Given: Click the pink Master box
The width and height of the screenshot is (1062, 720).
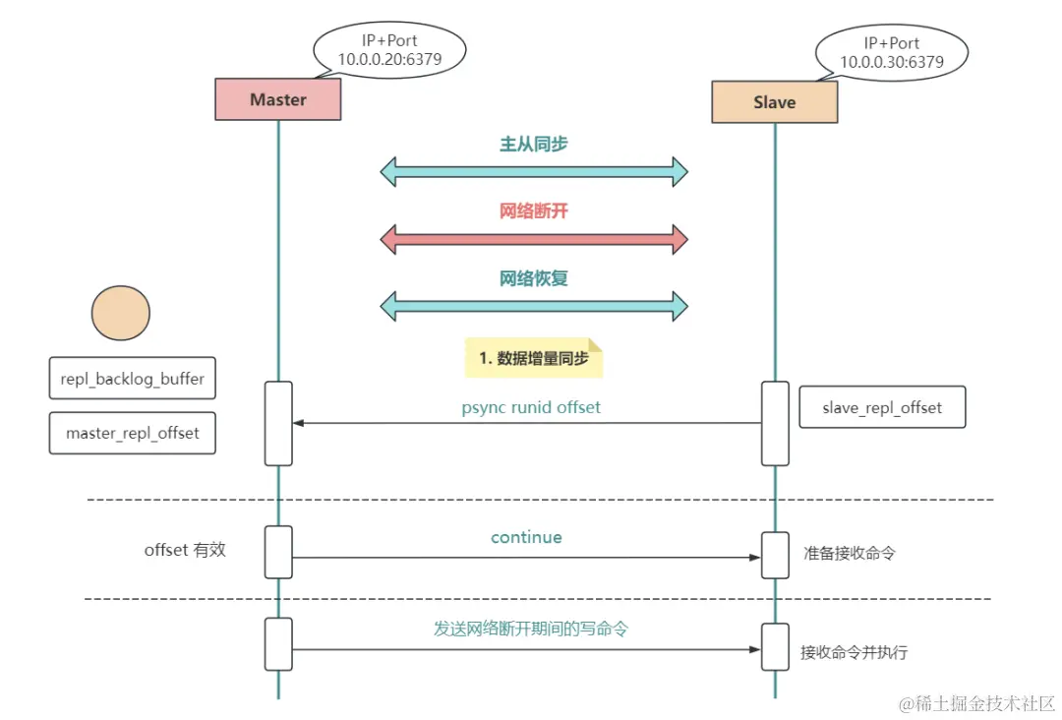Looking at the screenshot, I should click(278, 99).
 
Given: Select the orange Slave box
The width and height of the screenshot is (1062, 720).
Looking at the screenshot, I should click(774, 102).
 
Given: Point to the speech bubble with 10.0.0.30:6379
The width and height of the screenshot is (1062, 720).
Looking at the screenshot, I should click(891, 53).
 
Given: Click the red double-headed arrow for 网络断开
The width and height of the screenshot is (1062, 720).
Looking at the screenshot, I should click(534, 238).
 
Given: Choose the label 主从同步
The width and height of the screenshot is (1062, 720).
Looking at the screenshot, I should click(534, 145).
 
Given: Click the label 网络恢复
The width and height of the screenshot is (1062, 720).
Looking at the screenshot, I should click(534, 278).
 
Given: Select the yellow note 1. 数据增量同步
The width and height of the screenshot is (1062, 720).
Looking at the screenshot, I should click(534, 359).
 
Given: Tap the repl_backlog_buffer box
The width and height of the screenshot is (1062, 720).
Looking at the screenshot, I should click(132, 378).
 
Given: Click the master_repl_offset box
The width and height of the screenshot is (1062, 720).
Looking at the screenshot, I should click(132, 433).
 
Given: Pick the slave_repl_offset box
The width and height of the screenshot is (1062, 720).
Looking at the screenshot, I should click(881, 407).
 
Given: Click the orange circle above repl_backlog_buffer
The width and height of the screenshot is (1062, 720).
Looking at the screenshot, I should click(120, 313).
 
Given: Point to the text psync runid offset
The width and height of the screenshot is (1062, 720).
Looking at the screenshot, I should click(531, 407).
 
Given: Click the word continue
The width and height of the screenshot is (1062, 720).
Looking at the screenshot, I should click(526, 538).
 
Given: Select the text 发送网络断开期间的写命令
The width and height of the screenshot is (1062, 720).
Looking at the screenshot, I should click(531, 629).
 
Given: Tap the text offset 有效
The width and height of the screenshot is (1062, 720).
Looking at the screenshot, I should click(185, 550).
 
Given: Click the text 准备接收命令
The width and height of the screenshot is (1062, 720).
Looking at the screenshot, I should click(849, 554).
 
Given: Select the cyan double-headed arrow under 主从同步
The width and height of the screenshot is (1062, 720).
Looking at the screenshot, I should click(534, 172).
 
